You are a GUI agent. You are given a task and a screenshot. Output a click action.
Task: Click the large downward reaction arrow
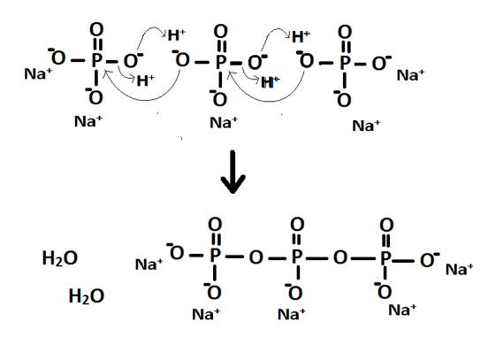point(233,172)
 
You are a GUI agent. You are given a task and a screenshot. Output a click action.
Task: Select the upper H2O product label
point(60,258)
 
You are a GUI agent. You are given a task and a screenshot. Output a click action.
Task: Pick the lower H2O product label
point(87,295)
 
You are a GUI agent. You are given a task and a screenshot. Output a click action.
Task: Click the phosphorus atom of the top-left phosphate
point(96,60)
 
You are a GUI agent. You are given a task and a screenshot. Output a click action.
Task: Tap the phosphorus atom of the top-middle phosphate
point(221,62)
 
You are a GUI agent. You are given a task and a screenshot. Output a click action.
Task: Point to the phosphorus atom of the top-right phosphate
point(345,62)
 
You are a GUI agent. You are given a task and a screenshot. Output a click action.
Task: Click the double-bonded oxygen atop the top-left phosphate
point(96,30)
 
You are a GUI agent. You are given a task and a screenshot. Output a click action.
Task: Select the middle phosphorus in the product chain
point(297,257)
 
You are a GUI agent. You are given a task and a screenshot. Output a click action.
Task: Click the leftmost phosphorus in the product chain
point(215,256)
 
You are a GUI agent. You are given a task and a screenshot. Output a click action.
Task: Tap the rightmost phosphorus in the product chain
point(385,257)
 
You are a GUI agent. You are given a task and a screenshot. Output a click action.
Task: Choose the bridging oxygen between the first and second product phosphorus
point(255,257)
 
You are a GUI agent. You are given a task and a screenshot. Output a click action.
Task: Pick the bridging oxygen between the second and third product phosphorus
point(340,257)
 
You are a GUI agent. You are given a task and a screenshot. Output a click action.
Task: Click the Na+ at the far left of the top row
point(38,73)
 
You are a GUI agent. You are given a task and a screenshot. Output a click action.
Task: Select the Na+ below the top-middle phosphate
point(224,122)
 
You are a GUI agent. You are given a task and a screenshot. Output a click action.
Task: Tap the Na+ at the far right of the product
point(460,270)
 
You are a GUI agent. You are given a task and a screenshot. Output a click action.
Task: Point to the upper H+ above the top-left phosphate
point(177,35)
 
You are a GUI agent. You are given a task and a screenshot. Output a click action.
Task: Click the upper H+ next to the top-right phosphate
point(301,37)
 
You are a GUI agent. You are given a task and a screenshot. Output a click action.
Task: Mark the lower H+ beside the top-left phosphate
point(146,80)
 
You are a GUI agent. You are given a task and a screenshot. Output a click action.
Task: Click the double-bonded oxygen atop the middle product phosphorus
point(297,224)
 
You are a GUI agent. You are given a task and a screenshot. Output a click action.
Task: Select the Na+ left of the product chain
point(149,264)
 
